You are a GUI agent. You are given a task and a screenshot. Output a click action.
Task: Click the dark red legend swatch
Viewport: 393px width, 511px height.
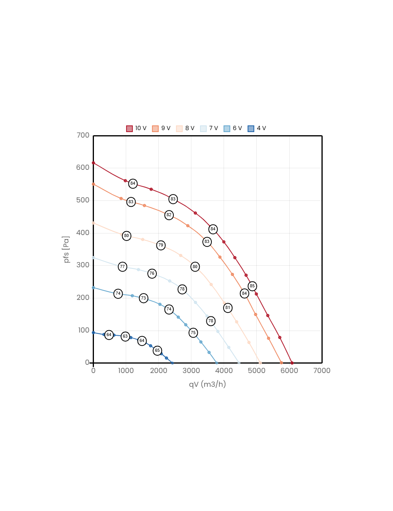click(x=129, y=129)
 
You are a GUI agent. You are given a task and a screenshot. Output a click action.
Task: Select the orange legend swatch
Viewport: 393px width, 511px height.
click(x=155, y=129)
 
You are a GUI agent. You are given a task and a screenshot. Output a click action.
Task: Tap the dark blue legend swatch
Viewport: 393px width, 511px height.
click(x=251, y=129)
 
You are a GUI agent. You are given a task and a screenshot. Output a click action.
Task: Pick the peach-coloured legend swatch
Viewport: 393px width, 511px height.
click(x=179, y=129)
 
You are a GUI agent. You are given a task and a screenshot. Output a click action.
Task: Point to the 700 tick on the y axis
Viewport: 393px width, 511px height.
click(x=83, y=135)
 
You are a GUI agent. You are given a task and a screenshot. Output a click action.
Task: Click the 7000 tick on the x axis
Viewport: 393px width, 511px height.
click(x=321, y=371)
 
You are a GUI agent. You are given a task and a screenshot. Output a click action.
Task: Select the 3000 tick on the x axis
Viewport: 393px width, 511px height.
click(x=191, y=371)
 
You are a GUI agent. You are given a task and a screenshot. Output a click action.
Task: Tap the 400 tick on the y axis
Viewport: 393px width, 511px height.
click(x=83, y=233)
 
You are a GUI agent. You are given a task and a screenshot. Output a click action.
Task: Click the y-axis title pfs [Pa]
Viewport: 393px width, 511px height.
click(x=66, y=250)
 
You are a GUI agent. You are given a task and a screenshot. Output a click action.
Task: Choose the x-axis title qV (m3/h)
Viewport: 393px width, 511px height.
click(x=207, y=384)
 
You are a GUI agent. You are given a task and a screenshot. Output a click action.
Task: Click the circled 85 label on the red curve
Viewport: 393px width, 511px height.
click(x=252, y=286)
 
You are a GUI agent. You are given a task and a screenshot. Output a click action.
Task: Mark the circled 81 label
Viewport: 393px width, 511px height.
click(x=228, y=308)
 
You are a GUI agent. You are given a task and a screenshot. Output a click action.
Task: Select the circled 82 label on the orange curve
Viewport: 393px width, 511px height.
click(x=169, y=215)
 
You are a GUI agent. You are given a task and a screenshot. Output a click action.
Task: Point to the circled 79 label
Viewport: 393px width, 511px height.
click(x=161, y=245)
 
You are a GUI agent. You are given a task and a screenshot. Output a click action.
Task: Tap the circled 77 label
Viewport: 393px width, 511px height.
click(x=123, y=267)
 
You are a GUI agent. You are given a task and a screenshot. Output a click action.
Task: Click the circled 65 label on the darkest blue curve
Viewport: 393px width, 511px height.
click(x=158, y=351)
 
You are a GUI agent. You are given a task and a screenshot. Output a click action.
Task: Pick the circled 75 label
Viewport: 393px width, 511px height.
click(x=193, y=333)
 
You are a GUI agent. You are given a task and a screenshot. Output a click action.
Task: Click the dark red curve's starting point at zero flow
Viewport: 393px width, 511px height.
click(x=93, y=163)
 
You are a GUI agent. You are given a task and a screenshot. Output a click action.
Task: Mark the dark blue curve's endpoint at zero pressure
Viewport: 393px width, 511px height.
click(x=172, y=363)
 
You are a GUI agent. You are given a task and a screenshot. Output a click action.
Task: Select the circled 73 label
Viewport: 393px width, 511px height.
click(x=143, y=298)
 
